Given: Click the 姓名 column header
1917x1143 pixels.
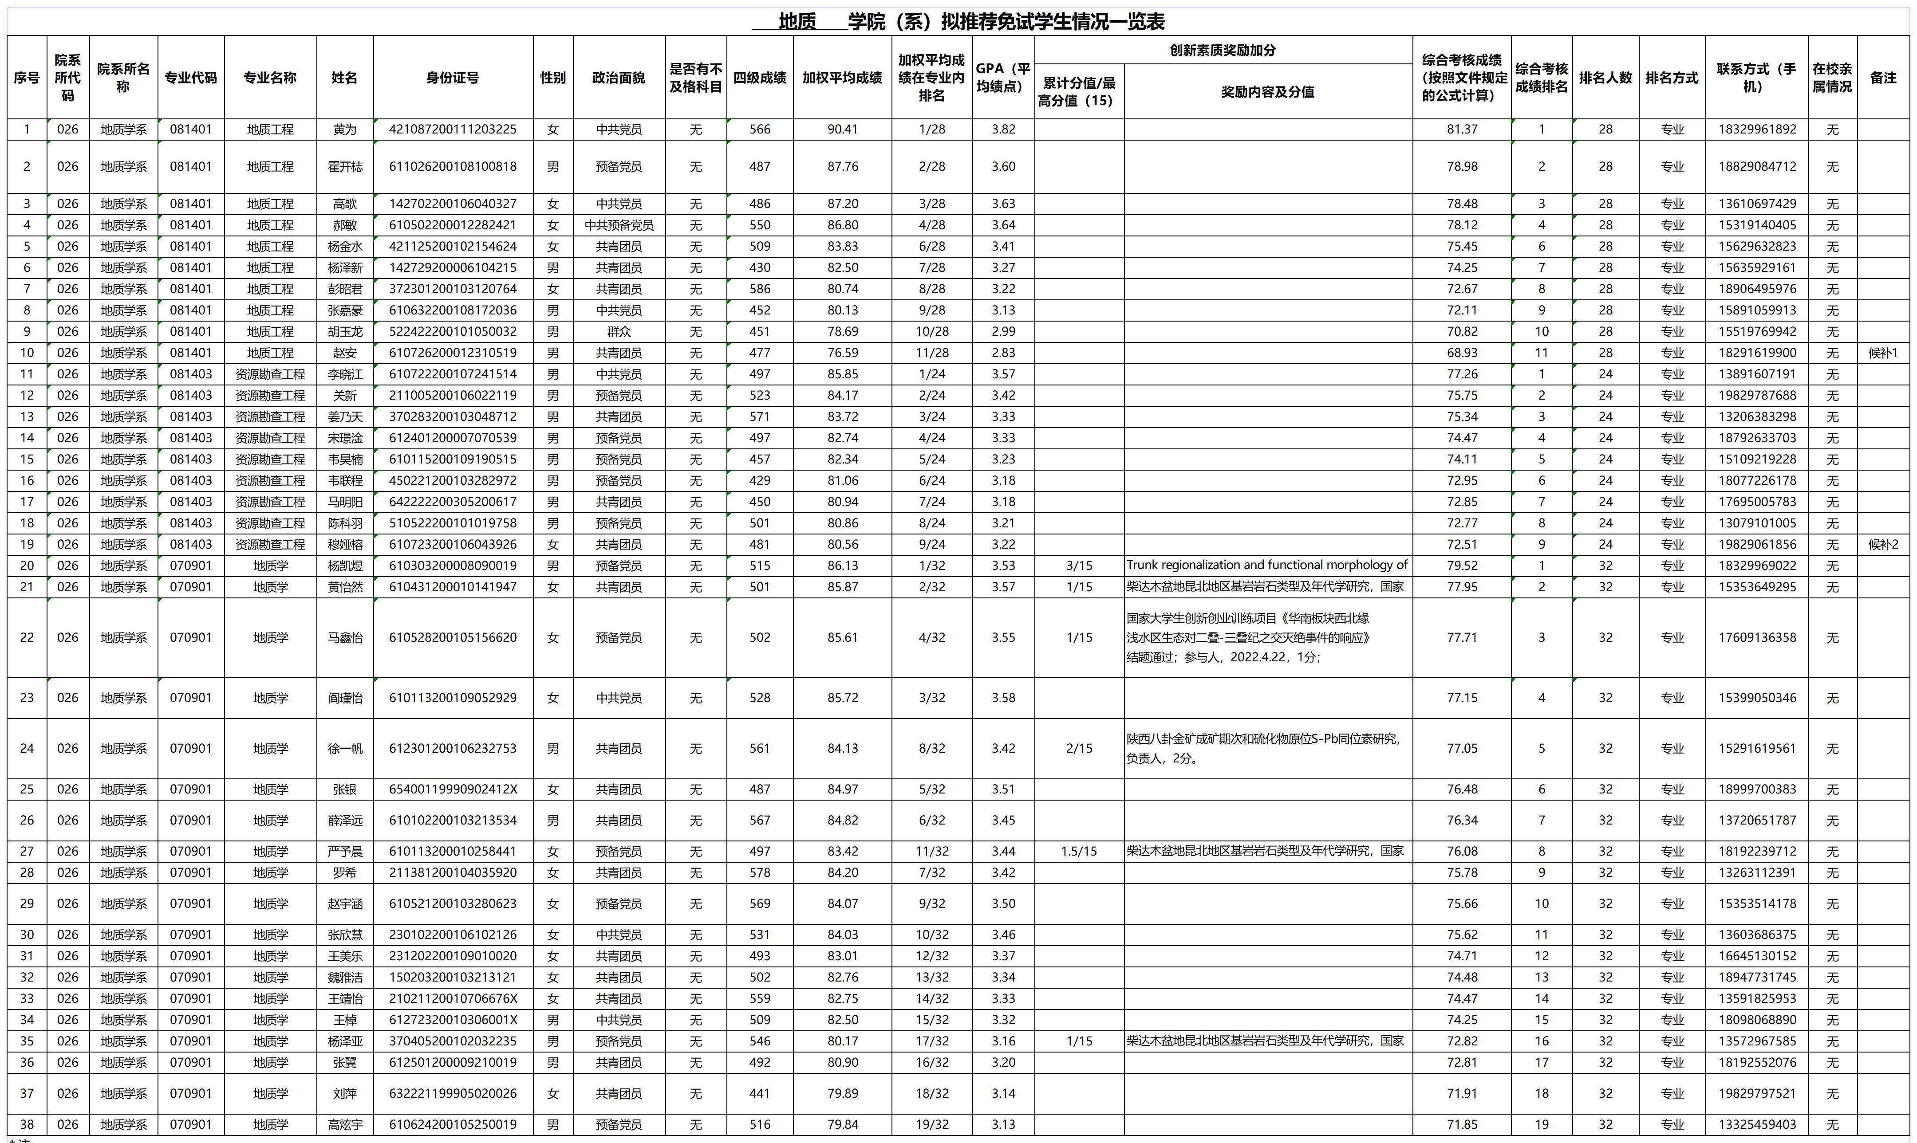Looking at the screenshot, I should point(344,78).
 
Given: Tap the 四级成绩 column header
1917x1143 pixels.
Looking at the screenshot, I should point(760,78).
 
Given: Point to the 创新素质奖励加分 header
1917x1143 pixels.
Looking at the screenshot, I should point(1223,50).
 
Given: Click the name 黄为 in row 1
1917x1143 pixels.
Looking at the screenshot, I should point(344,130).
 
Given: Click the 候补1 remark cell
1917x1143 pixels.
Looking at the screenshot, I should point(1883,353).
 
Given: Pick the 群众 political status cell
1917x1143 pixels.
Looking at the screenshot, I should point(619,332).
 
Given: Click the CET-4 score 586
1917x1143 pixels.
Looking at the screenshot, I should point(760,289).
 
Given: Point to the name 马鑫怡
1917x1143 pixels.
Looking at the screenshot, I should point(344,638).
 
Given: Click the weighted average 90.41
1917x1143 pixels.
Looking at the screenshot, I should point(842,130).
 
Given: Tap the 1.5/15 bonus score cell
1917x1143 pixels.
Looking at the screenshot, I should point(1079,851).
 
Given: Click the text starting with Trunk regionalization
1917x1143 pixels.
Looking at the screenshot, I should point(1267,566).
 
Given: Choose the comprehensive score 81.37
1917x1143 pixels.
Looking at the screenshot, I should point(1462,130).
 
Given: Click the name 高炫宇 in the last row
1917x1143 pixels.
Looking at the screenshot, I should point(344,1124).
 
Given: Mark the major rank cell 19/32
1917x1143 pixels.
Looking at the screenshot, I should point(931,1124).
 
